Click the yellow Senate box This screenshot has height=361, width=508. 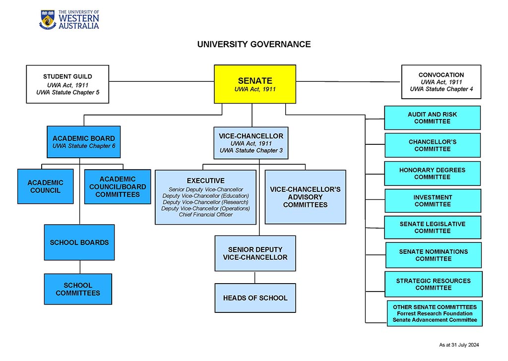(255, 84)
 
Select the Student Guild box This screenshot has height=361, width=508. (67, 84)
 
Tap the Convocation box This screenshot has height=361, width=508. (441, 82)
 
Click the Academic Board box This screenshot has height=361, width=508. (84, 142)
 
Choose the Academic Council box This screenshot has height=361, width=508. (45, 186)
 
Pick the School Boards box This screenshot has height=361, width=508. (79, 242)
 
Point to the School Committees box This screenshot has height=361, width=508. (78, 289)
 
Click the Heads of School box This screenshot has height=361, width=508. (255, 298)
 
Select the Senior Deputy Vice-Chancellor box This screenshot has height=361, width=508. (255, 253)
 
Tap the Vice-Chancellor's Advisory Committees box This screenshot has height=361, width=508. (305, 197)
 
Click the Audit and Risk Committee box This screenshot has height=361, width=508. (432, 118)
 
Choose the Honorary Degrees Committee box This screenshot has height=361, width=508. (432, 174)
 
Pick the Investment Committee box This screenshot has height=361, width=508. (433, 201)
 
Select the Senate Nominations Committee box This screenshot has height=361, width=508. (433, 255)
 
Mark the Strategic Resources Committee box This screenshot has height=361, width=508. (433, 284)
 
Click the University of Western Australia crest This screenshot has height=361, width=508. (48, 19)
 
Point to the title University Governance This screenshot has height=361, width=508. (254, 44)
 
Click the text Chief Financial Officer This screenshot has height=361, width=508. (205, 215)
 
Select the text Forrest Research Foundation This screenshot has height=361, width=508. (435, 313)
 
